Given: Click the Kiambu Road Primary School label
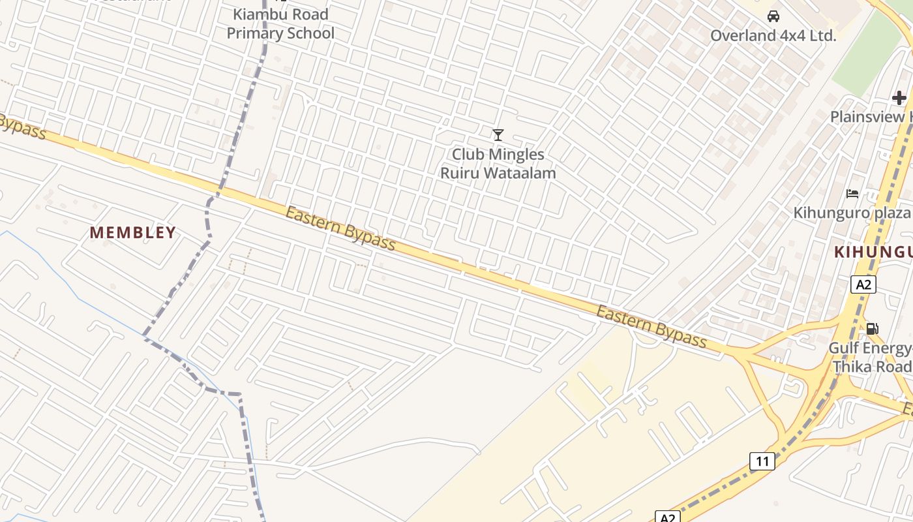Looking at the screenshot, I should (280, 24).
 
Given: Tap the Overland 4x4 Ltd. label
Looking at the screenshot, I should (773, 36).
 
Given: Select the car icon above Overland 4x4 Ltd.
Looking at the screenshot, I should (773, 16).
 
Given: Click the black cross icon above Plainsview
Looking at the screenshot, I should (899, 99).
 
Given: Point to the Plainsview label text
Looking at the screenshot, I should (871, 117).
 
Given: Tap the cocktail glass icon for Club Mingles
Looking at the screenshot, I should (498, 135).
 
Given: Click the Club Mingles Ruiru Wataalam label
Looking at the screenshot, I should (498, 164).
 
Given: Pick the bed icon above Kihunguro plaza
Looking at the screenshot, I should (852, 194).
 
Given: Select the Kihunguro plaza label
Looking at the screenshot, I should (852, 213).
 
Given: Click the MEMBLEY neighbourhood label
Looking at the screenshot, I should (133, 233).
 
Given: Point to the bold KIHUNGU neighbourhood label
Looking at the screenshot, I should (873, 253).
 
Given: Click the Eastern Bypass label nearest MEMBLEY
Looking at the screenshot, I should (340, 229).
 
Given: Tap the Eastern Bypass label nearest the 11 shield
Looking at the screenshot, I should (651, 327).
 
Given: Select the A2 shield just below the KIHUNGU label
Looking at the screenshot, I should (863, 284).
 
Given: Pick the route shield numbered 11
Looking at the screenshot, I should (762, 461).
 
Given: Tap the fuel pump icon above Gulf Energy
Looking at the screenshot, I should (872, 329).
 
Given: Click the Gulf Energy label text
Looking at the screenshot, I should (870, 348).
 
